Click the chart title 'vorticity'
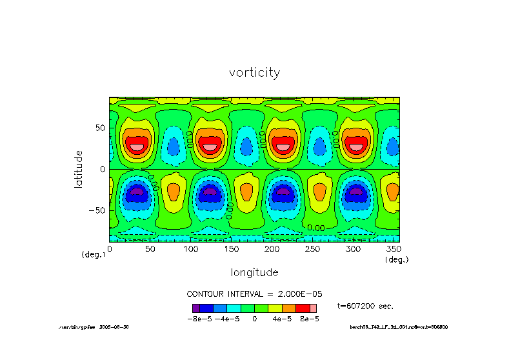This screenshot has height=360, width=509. [x=254, y=73]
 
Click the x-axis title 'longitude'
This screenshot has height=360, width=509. [x=254, y=272]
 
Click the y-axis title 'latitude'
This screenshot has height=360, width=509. [x=79, y=168]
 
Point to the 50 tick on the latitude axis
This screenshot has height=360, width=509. [x=99, y=128]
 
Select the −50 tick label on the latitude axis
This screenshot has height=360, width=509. [x=97, y=210]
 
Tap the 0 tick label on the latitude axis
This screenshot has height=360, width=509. [x=103, y=169]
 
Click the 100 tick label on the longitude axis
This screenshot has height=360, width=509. [x=190, y=248]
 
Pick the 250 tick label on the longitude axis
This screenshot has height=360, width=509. [x=312, y=248]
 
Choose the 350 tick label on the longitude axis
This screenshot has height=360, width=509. [x=392, y=248]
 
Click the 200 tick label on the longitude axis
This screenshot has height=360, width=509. [x=272, y=248]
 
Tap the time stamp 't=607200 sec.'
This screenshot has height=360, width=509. [x=365, y=306]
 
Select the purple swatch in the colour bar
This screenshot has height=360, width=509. [x=196, y=308]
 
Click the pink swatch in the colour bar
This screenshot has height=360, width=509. [x=314, y=308]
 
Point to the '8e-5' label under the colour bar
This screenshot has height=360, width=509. [x=309, y=319]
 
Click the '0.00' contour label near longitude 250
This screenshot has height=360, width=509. [x=315, y=228]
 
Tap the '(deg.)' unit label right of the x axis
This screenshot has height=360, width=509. [x=397, y=259]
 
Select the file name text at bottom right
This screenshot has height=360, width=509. [x=399, y=327]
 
